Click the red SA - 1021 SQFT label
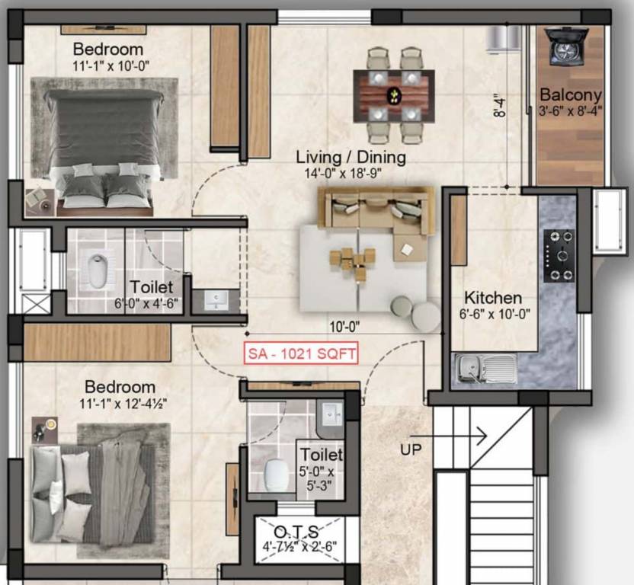(x=300, y=354)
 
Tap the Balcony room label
(x=571, y=95)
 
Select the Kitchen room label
(x=493, y=297)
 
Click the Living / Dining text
(x=351, y=158)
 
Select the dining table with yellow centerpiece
(x=393, y=95)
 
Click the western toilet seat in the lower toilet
(x=275, y=475)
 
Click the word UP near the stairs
(x=411, y=449)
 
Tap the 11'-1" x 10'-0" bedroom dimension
(x=110, y=66)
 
